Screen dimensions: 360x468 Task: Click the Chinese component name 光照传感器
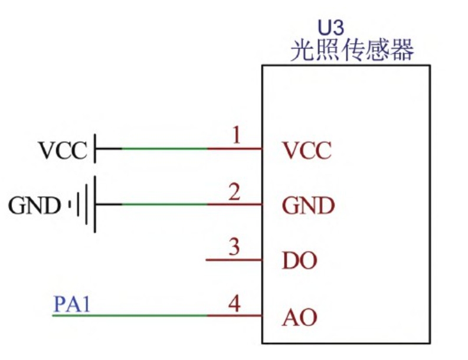coord(352,51)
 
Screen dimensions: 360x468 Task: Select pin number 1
coord(236,136)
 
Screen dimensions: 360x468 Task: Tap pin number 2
coord(235,192)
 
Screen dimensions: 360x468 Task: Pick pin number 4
coord(235,304)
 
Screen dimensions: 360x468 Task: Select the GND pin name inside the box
coord(308,207)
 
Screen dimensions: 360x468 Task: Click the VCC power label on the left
coord(63,150)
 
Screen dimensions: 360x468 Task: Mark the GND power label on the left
coord(35,206)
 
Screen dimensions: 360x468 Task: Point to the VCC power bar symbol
coord(95,148)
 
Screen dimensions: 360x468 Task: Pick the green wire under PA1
coord(130,316)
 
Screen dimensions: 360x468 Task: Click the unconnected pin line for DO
coord(234,260)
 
